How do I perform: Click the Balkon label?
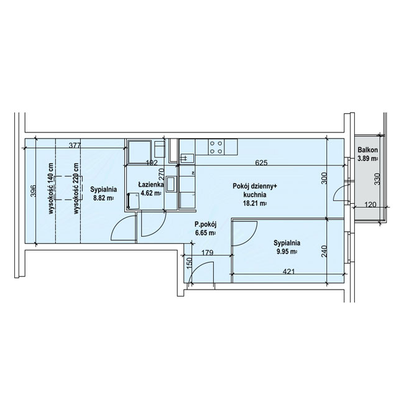368,150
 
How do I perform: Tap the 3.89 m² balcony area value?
368,158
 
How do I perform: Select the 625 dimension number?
261,163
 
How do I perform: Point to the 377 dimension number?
75,145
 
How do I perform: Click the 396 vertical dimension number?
33,191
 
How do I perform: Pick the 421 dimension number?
288,272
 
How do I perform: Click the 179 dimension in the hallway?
207,253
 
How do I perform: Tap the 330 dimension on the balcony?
377,178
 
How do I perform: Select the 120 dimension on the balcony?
371,205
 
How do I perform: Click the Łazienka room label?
151,185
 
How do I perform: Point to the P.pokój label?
205,224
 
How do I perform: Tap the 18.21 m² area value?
255,203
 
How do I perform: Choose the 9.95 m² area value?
287,252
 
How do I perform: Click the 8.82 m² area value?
103,198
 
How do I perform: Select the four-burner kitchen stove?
216,147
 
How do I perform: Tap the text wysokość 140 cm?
51,188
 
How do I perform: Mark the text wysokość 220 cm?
76,188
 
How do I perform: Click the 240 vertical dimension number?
324,252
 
